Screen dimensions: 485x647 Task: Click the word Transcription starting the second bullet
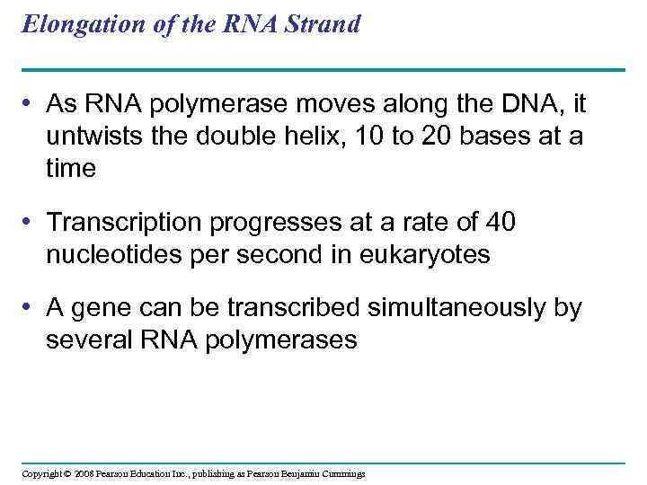[x=129, y=224]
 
